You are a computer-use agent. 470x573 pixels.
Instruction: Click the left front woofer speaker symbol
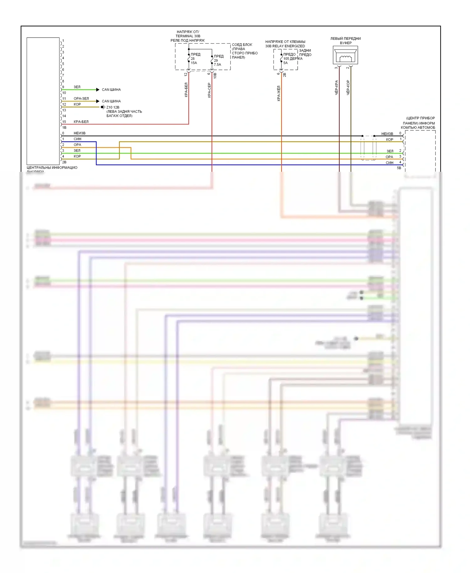pyautogui.click(x=345, y=55)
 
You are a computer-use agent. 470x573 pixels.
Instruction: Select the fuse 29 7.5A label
pyautogui.click(x=217, y=60)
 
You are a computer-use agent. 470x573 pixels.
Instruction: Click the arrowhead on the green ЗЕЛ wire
pyautogui.click(x=98, y=90)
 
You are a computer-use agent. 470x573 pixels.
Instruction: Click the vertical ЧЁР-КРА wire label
pyautogui.click(x=337, y=87)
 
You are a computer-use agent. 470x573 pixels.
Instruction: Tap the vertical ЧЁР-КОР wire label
pyautogui.click(x=348, y=87)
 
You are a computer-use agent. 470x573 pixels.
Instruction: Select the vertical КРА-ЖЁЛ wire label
pyautogui.click(x=279, y=93)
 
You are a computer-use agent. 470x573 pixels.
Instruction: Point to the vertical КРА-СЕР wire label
pyautogui.click(x=209, y=90)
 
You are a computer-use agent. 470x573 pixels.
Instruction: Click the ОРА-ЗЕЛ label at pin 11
pyautogui.click(x=81, y=98)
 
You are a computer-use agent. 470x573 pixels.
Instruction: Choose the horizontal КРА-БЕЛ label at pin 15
pyautogui.click(x=81, y=122)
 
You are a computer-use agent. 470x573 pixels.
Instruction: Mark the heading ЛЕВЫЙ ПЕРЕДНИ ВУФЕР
pyautogui.click(x=346, y=41)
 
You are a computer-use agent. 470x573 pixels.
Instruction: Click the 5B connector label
pyautogui.click(x=399, y=168)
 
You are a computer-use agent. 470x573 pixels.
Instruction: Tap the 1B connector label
pyautogui.click(x=64, y=128)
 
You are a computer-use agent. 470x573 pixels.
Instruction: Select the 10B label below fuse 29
pyautogui.click(x=215, y=76)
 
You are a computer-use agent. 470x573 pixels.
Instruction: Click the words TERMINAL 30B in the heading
pyautogui.click(x=188, y=36)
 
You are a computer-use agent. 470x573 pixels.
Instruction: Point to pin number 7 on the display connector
pyautogui.click(x=63, y=76)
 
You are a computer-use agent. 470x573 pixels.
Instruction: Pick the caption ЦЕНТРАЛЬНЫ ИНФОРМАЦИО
pyautogui.click(x=52, y=168)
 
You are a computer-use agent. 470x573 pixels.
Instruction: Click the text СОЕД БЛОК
pyautogui.click(x=242, y=45)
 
